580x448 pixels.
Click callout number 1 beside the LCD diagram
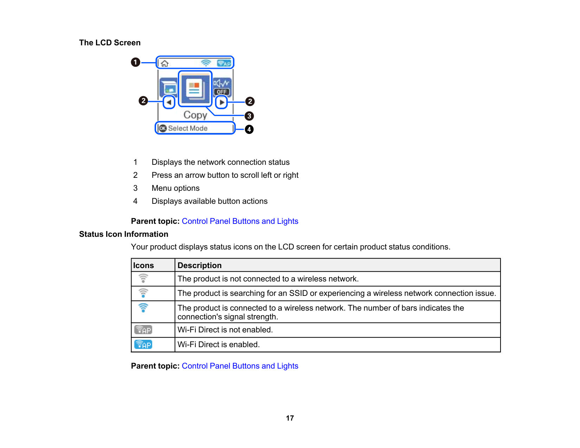coord(136,63)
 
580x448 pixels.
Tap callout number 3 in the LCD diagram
coord(249,116)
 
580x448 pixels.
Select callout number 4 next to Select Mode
coord(249,129)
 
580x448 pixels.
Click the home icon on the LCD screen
coord(165,63)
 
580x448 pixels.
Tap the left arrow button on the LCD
coord(169,102)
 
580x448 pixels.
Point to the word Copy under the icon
coord(195,115)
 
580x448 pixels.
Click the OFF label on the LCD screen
coord(222,92)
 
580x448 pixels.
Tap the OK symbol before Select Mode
coord(162,128)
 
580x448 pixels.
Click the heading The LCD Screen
coord(110,43)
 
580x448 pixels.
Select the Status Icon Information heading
coord(123,234)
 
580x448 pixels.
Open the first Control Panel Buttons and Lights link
coord(240,221)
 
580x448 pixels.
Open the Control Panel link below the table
coord(240,366)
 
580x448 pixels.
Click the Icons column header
coord(143,266)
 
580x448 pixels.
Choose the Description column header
coord(200,266)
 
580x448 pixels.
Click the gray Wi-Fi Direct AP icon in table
coord(143,330)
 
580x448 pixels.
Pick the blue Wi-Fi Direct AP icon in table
coord(143,345)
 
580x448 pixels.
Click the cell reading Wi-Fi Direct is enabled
coord(219,345)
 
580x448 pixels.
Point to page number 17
coord(290,418)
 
